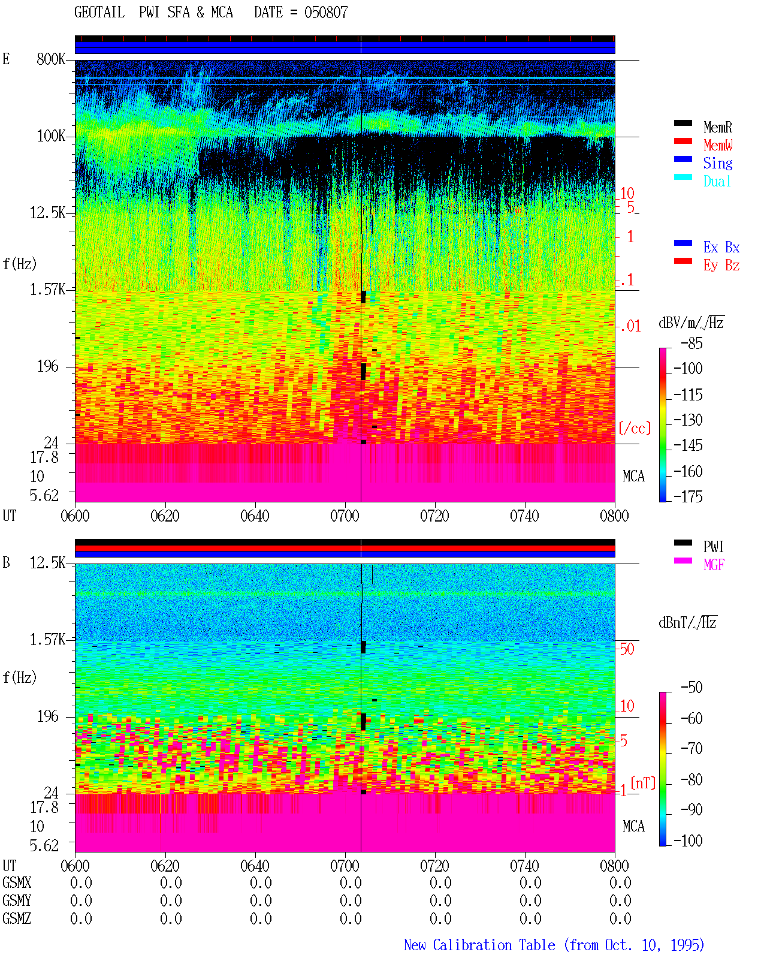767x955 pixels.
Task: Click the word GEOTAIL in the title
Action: click(x=99, y=12)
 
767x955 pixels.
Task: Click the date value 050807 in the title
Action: click(x=326, y=12)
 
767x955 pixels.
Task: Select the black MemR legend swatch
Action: click(x=683, y=123)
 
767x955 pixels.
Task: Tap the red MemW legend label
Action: click(x=718, y=145)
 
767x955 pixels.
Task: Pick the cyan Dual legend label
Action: click(x=717, y=181)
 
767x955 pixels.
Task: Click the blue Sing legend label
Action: click(x=717, y=163)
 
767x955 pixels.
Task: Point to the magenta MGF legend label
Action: click(x=714, y=565)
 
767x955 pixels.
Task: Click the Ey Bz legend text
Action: click(x=721, y=265)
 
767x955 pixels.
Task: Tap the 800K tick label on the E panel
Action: click(x=51, y=59)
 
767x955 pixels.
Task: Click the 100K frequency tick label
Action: click(x=51, y=136)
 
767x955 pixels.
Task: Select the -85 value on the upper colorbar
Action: click(x=691, y=343)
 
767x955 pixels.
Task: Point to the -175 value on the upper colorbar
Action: click(x=688, y=496)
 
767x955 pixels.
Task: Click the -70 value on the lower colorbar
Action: click(x=691, y=748)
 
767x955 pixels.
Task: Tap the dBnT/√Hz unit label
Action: click(x=687, y=622)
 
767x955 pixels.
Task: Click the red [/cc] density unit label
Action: click(x=635, y=428)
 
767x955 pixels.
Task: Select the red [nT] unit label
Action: click(x=643, y=783)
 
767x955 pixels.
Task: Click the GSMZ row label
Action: click(x=17, y=918)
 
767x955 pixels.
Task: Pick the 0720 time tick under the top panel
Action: click(x=434, y=516)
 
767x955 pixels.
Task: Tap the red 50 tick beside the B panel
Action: click(x=627, y=649)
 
